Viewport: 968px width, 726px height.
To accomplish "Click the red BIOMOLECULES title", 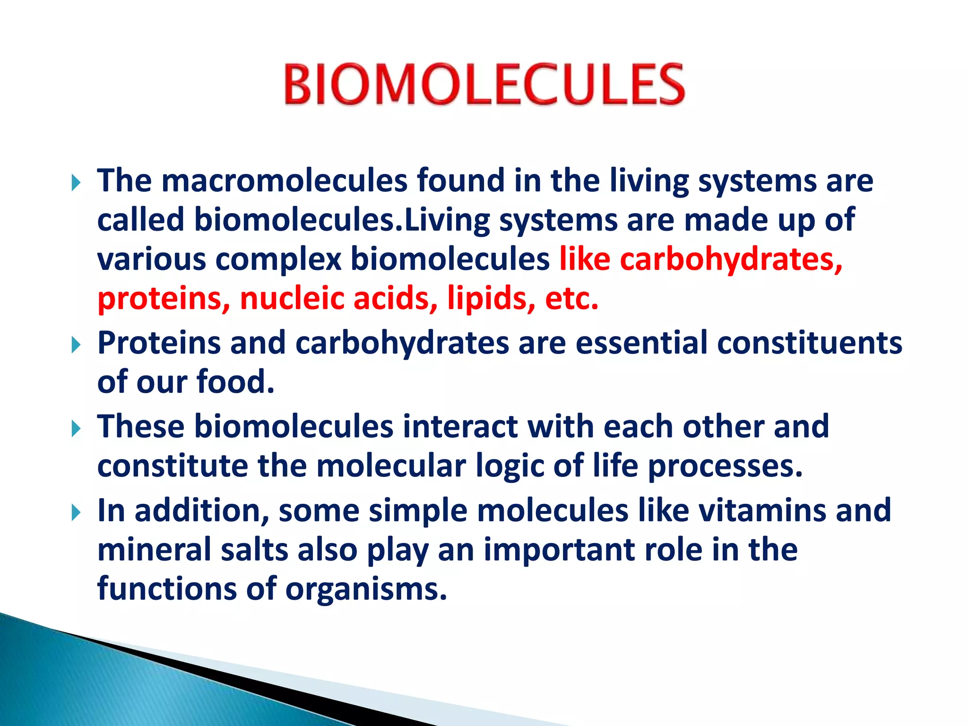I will coord(484,85).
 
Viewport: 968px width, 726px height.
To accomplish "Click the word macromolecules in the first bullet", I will coord(284,181).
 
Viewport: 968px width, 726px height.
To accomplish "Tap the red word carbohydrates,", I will coord(731,260).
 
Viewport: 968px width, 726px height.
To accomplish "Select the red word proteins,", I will coord(164,299).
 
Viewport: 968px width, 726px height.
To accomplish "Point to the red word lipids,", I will coord(491,299).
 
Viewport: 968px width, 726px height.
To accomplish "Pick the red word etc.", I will coord(572,299).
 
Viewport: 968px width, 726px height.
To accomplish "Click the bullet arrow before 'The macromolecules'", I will coord(76,182).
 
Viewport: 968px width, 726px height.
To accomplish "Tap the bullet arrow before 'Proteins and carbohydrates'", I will coord(76,346).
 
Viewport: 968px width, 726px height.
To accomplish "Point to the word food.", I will coord(235,382).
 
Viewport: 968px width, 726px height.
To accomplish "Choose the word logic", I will coord(510,467).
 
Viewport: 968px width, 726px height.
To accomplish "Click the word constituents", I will coord(809,343).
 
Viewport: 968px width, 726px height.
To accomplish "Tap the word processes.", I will coord(725,467).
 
